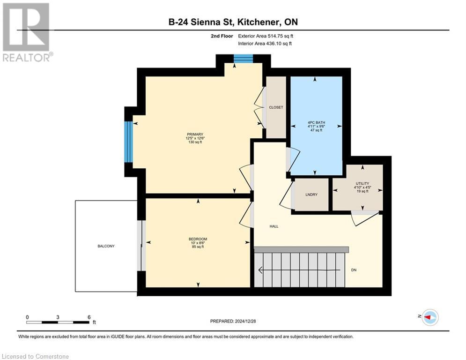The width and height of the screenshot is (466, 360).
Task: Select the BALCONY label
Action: pyautogui.click(x=106, y=246)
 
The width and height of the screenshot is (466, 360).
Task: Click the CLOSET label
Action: pyautogui.click(x=276, y=107)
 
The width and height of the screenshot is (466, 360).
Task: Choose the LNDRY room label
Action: pyautogui.click(x=311, y=195)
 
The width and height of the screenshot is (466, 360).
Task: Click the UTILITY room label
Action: pyautogui.click(x=362, y=183)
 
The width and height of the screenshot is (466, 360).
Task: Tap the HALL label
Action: pyautogui.click(x=274, y=226)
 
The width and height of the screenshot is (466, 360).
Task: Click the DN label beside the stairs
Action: pyautogui.click(x=354, y=270)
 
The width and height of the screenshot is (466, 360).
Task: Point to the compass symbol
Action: pyautogui.click(x=429, y=317)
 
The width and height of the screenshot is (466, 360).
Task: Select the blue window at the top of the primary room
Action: pyautogui.click(x=243, y=59)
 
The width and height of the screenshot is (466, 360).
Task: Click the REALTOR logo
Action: pyautogui.click(x=26, y=32)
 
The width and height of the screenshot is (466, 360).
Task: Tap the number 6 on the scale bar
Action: pyautogui.click(x=89, y=317)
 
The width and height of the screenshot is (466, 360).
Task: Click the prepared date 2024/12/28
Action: pyautogui.click(x=256, y=321)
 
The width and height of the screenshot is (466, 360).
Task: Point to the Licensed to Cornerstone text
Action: pyautogui.click(x=36, y=356)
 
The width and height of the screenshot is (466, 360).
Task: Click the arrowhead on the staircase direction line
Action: pyautogui.click(x=260, y=270)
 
